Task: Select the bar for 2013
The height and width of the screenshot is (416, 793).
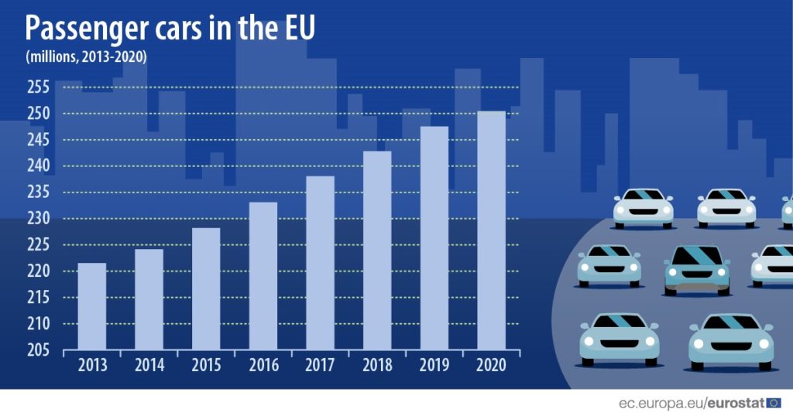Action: [92, 306]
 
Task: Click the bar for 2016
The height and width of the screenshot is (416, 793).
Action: [263, 276]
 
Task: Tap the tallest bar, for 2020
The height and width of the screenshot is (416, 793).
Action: [491, 230]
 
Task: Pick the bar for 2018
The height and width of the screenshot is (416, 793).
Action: [377, 251]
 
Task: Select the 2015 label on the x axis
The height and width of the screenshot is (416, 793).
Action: [206, 365]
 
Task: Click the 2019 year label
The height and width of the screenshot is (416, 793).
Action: [434, 365]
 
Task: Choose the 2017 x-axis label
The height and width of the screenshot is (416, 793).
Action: [320, 365]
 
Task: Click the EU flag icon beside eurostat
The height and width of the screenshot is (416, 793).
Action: [774, 402]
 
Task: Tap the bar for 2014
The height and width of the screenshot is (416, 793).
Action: [149, 299]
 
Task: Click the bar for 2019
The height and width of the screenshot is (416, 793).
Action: [434, 238]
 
